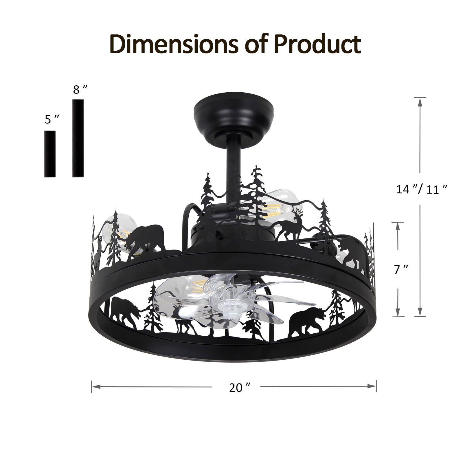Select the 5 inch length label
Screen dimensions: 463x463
pyautogui.click(x=52, y=119)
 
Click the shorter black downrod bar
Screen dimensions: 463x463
pyautogui.click(x=50, y=154)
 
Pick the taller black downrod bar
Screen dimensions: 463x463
pyautogui.click(x=78, y=138)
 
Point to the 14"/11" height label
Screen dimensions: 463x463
pyautogui.click(x=422, y=190)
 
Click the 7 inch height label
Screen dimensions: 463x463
pyautogui.click(x=401, y=269)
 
